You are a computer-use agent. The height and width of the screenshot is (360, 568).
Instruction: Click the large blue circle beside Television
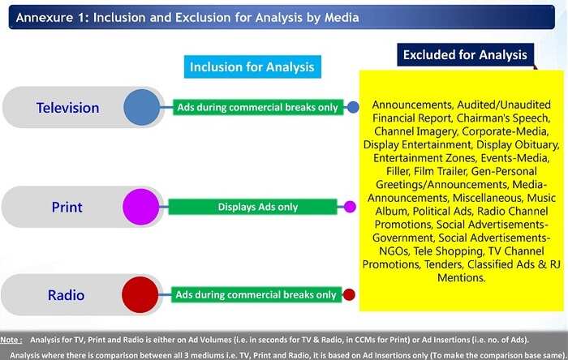142,108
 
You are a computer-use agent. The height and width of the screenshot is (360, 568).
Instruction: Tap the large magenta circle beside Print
141,207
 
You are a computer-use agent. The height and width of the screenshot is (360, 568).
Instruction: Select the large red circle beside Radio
140,295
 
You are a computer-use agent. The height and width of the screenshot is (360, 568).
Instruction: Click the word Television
67,108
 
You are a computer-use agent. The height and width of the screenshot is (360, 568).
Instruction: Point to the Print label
67,208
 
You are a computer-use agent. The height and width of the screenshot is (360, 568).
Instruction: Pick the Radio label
67,295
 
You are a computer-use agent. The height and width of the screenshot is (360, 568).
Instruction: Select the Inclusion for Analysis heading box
252,67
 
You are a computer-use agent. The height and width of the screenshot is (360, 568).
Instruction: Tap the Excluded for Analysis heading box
466,54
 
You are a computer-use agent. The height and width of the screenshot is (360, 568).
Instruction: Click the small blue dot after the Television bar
353,107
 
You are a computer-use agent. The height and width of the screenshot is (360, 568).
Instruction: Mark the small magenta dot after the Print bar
350,207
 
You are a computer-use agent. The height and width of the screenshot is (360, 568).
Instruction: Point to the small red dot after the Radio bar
349,295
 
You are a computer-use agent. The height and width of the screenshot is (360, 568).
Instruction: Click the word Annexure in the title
45,17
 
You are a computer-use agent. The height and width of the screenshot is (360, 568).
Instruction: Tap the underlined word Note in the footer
10,340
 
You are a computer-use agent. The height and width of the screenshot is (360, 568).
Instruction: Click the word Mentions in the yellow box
461,278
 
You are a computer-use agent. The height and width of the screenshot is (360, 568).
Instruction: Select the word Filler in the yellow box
398,171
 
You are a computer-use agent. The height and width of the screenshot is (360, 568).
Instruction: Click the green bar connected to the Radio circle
256,295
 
